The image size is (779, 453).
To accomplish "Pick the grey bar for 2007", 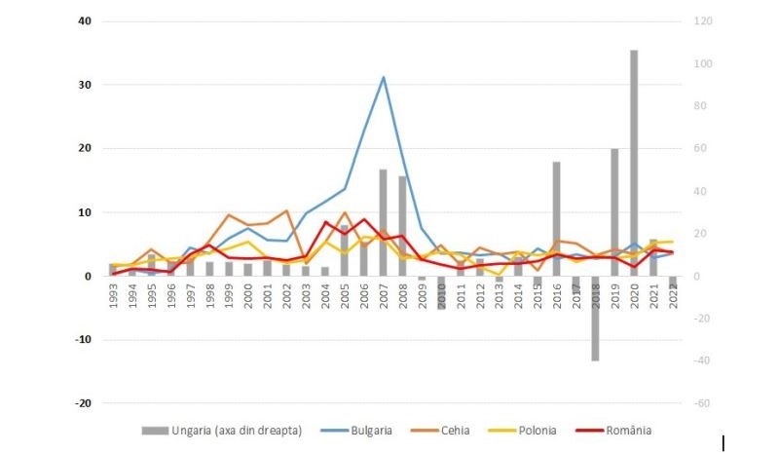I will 384,223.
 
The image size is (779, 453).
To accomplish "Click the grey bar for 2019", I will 614,212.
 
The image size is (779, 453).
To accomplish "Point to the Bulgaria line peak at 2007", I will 384,77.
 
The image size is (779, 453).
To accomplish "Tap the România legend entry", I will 643,430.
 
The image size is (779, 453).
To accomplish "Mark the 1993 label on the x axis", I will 114,295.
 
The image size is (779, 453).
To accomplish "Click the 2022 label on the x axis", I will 672,295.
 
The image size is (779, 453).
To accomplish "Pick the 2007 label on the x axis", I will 384,295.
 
